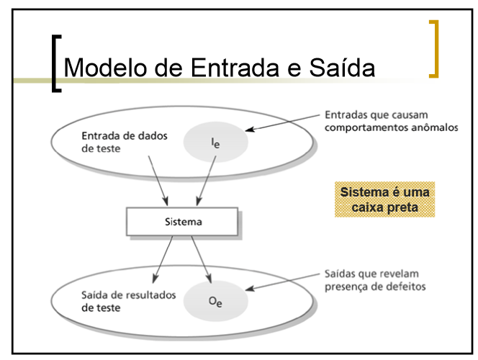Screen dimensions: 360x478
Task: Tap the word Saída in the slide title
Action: tap(338, 68)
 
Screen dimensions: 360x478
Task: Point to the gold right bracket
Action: tap(433, 48)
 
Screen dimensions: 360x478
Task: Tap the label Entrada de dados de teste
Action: tap(115, 143)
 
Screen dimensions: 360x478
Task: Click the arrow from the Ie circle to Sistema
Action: tap(206, 184)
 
